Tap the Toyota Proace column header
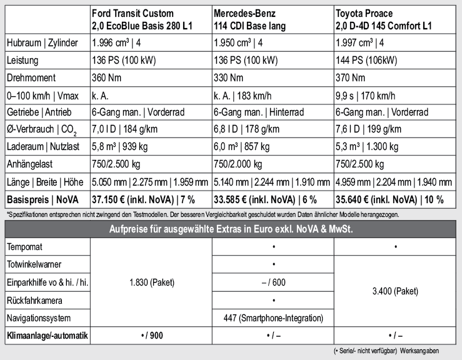click(383, 19)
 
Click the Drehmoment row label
click(31, 78)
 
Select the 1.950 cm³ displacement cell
click(238, 43)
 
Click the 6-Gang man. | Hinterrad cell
click(258, 112)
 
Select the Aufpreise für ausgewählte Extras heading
click(231, 229)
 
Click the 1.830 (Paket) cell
click(151, 282)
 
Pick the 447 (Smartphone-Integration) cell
click(273, 318)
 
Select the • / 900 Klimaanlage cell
click(151, 336)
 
